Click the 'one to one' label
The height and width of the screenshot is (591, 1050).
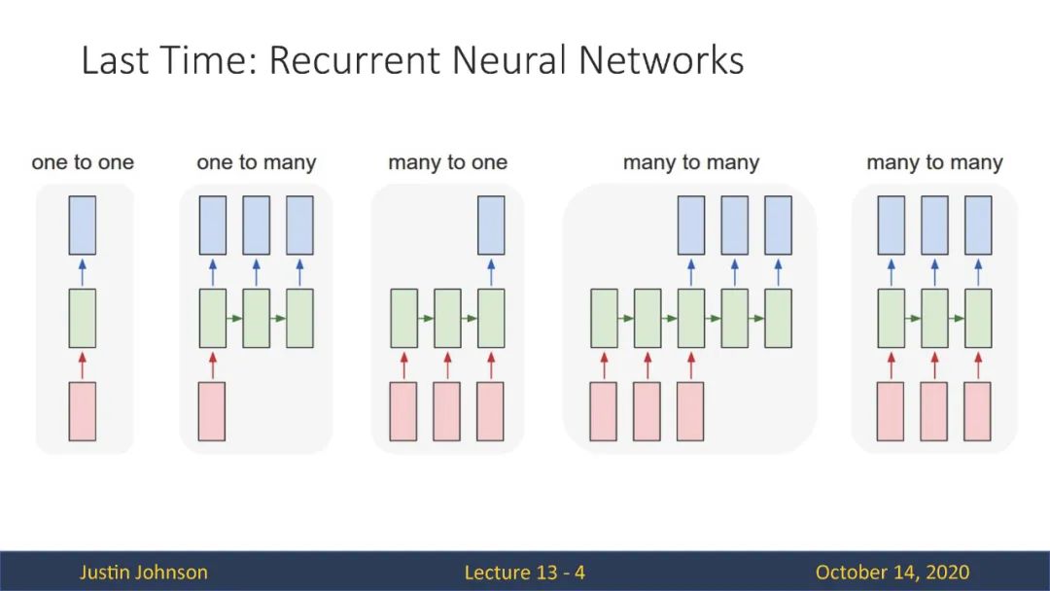[x=83, y=162]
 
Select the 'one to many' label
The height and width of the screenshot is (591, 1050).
[x=256, y=162]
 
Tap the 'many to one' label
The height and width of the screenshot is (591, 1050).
[x=447, y=162]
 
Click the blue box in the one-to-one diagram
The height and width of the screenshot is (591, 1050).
[x=83, y=225]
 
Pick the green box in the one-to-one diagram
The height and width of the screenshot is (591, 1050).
[x=83, y=318]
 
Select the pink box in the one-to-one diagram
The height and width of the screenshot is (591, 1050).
[x=83, y=411]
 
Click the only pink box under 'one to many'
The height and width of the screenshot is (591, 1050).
[x=212, y=411]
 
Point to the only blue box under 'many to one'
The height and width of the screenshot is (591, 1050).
[x=491, y=225]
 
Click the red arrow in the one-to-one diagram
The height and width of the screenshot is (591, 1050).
[x=83, y=365]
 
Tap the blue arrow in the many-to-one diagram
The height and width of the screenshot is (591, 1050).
[x=491, y=272]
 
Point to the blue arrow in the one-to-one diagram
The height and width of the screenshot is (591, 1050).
[x=83, y=272]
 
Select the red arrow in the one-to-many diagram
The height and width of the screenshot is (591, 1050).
[x=213, y=365]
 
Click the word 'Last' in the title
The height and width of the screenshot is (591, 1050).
[x=115, y=59]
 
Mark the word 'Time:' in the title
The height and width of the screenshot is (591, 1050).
[x=208, y=59]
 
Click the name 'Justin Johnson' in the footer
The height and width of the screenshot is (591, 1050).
[x=143, y=573]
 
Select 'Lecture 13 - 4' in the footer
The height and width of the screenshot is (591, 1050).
[x=524, y=573]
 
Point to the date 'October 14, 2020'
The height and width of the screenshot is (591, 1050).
[x=892, y=573]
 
